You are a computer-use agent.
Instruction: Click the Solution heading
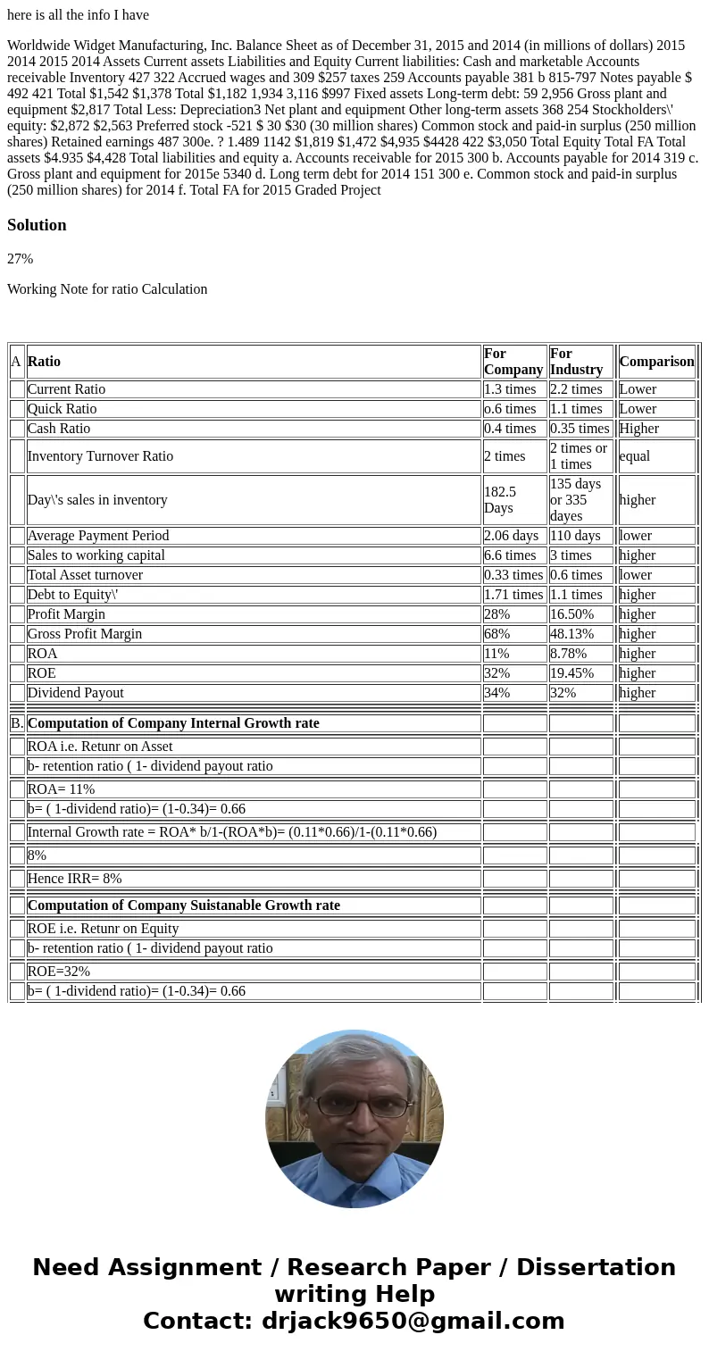click(37, 225)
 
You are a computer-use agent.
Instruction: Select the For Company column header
click(513, 362)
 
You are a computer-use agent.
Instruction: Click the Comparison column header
click(656, 362)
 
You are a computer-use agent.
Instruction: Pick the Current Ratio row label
click(66, 389)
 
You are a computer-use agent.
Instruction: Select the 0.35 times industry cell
click(580, 429)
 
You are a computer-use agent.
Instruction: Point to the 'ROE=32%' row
click(59, 972)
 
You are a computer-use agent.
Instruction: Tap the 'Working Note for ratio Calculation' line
click(107, 289)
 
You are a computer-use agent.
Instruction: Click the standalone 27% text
click(20, 259)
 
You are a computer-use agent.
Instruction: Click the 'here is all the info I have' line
click(79, 15)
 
